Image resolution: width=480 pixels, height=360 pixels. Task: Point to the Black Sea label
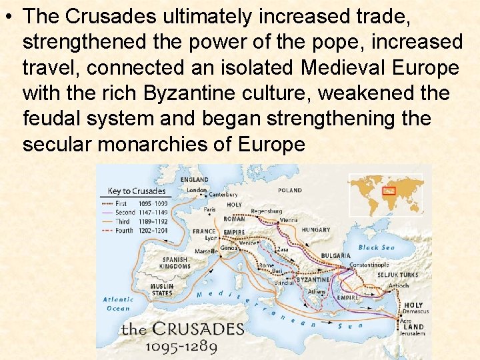pos(377,247)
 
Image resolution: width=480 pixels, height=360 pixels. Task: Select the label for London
pos(197,190)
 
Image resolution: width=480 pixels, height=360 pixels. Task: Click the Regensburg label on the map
pos(267,211)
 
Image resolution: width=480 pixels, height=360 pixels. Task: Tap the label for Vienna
pos(289,219)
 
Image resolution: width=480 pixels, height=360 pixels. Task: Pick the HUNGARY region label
pos(315,230)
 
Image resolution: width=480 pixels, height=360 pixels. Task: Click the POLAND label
pos(290,190)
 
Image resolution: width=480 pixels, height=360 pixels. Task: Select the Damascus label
pos(416,311)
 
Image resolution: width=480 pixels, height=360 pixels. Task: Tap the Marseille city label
pos(207,251)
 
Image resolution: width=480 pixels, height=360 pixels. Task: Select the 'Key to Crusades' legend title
pos(137,191)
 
